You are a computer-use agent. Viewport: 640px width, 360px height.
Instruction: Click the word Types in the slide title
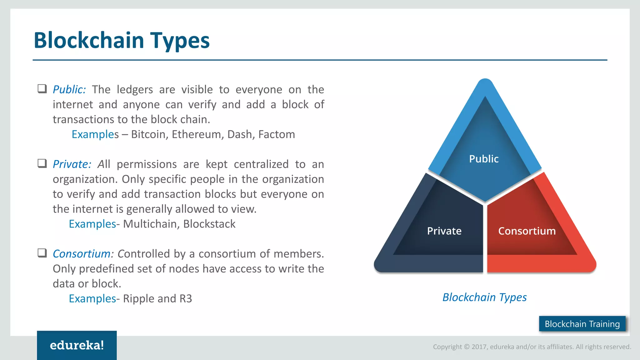[180, 41]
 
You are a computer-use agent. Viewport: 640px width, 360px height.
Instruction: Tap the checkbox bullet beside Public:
[42, 89]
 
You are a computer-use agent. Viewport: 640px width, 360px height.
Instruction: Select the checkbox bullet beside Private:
[42, 163]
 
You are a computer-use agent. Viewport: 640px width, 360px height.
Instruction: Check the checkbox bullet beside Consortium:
[42, 253]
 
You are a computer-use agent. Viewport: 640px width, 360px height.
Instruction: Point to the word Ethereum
[197, 134]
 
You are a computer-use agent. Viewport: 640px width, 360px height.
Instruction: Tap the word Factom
[277, 134]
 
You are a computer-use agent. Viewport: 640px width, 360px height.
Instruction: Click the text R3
[186, 299]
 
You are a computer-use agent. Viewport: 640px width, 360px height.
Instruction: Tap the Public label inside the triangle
[484, 159]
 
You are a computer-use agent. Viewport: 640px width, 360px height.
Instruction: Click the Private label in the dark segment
[444, 231]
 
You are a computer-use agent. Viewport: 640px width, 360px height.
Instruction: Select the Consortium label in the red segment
[527, 231]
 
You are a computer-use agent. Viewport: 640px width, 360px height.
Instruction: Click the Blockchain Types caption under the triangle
[484, 297]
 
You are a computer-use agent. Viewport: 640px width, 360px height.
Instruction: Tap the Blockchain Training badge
[582, 324]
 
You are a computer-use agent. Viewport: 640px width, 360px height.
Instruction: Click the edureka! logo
[77, 345]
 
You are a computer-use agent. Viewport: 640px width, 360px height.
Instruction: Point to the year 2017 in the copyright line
[479, 347]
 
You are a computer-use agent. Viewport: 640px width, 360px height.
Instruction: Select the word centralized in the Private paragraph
[261, 164]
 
